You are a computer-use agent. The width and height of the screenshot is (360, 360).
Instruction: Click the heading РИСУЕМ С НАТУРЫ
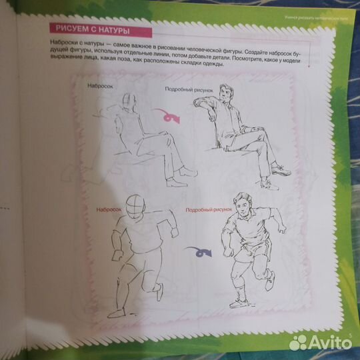click(89, 29)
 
